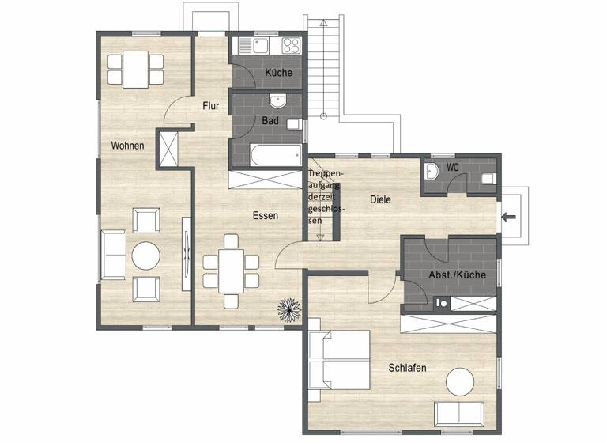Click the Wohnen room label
pyautogui.click(x=126, y=146)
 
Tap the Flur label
pyautogui.click(x=210, y=105)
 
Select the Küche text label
pyautogui.click(x=278, y=73)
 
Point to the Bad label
pyautogui.click(x=270, y=121)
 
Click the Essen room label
pyautogui.click(x=265, y=215)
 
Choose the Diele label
pyautogui.click(x=381, y=200)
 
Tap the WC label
pyautogui.click(x=453, y=168)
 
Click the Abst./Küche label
pyautogui.click(x=457, y=275)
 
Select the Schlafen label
pyautogui.click(x=408, y=368)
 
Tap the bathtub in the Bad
pyautogui.click(x=266, y=156)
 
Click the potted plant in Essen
pyautogui.click(x=288, y=309)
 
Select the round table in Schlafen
pyautogui.click(x=460, y=382)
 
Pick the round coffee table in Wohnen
pyautogui.click(x=145, y=256)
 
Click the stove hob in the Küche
pyautogui.click(x=291, y=45)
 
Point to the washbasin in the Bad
pyautogui.click(x=277, y=101)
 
